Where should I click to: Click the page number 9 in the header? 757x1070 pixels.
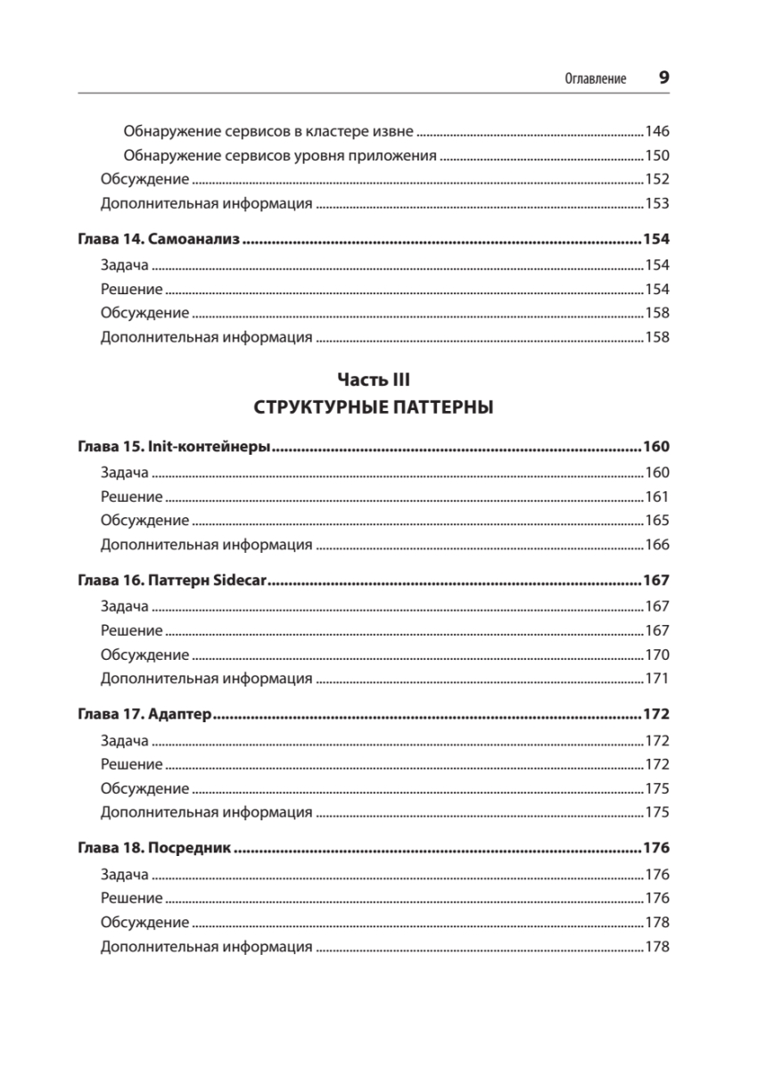pyautogui.click(x=663, y=78)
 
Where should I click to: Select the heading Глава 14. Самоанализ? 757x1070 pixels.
pyautogui.click(x=160, y=241)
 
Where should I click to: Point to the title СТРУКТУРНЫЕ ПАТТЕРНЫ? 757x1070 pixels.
pyautogui.click(x=374, y=408)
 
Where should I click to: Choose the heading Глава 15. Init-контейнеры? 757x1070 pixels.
pyautogui.click(x=174, y=448)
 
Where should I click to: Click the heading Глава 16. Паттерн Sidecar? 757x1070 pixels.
pyautogui.click(x=173, y=581)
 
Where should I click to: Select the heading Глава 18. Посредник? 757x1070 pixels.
pyautogui.click(x=154, y=849)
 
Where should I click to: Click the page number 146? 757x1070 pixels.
pyautogui.click(x=656, y=131)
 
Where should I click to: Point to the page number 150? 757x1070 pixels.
pyautogui.click(x=656, y=155)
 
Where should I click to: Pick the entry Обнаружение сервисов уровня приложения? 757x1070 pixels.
pyautogui.click(x=279, y=155)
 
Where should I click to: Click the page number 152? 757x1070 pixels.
pyautogui.click(x=656, y=179)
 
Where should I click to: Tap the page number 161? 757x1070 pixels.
pyautogui.click(x=656, y=497)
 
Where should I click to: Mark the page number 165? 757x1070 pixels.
pyautogui.click(x=656, y=521)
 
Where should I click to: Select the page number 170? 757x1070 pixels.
pyautogui.click(x=656, y=654)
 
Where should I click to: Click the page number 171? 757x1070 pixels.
pyautogui.click(x=656, y=679)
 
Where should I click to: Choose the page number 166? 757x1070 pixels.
pyautogui.click(x=656, y=545)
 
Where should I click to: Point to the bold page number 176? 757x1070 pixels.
pyautogui.click(x=655, y=849)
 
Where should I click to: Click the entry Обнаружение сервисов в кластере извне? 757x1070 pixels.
pyautogui.click(x=267, y=131)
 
